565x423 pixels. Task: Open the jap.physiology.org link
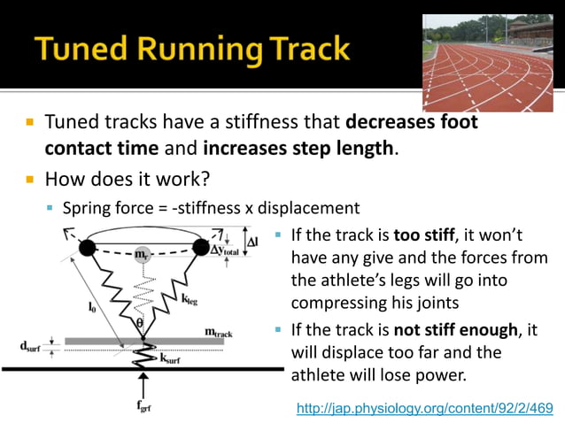tap(424, 409)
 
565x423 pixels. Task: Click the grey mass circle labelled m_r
tap(141, 255)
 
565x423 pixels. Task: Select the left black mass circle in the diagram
tap(87, 250)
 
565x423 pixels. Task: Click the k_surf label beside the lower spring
tap(168, 361)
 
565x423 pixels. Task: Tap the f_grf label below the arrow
tap(144, 410)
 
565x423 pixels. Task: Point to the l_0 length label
tap(92, 308)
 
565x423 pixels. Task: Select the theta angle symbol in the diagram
tap(138, 324)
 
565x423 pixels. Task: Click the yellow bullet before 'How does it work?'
tap(29, 180)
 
